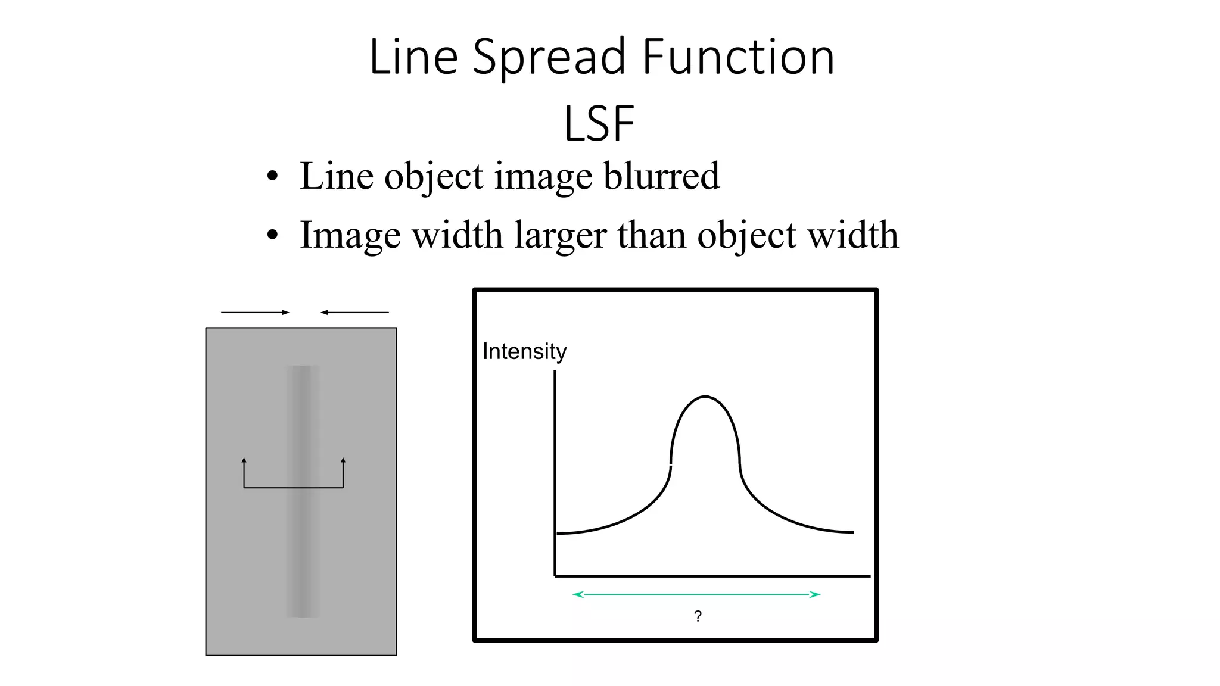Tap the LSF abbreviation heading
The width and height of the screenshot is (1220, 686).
(599, 124)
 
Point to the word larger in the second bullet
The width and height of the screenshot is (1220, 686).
(562, 236)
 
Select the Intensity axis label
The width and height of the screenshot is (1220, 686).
(524, 351)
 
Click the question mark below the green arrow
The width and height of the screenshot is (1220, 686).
(698, 616)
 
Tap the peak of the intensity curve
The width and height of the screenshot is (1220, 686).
(705, 397)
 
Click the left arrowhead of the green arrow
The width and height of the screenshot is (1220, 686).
(576, 594)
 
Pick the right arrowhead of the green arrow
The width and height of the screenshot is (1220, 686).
(817, 594)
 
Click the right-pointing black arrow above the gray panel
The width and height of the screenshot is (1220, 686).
(255, 312)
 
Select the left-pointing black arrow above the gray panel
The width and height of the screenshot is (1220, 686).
(354, 312)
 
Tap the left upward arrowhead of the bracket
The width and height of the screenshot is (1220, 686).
(244, 460)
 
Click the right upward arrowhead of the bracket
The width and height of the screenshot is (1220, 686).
(343, 460)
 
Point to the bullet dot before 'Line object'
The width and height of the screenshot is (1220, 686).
(272, 176)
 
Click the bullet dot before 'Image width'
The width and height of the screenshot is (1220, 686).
(272, 235)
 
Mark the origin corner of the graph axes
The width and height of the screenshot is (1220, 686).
(555, 576)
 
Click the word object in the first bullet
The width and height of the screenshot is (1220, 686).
(434, 177)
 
